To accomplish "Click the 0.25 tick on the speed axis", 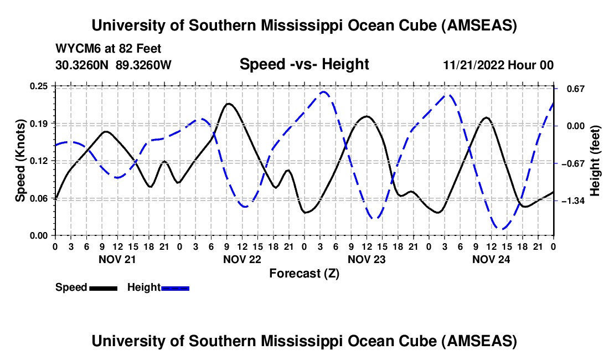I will (54, 86).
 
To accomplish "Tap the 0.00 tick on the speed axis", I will (54, 235).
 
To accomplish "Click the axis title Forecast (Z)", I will (304, 273).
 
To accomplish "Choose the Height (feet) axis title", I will (595, 161).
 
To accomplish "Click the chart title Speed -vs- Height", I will (304, 65).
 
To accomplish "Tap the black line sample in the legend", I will (103, 287).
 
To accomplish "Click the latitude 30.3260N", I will (82, 65).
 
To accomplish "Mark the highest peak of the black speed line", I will (228, 104).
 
